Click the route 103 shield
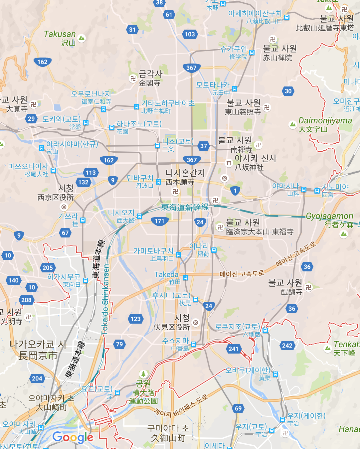click(x=190, y=34)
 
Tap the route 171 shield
click(x=159, y=221)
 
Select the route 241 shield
click(x=234, y=349)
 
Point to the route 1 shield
click(x=235, y=191)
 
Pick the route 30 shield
click(x=288, y=91)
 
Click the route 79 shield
click(x=119, y=344)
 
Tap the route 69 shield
click(x=238, y=408)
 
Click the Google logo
click(x=73, y=437)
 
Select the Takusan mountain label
click(x=60, y=34)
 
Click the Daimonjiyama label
click(x=325, y=120)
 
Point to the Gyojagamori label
click(x=329, y=216)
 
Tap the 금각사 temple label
click(x=150, y=74)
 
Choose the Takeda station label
click(x=166, y=275)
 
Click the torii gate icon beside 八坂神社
click(x=229, y=163)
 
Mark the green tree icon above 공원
click(x=143, y=374)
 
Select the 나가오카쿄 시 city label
click(x=38, y=344)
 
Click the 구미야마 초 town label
click(x=168, y=428)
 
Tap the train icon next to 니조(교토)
click(x=157, y=145)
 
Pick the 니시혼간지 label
click(x=185, y=173)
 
